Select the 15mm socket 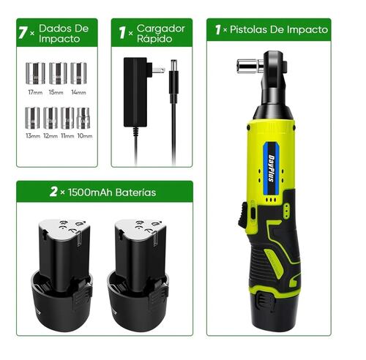[57, 73]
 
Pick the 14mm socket [78, 73]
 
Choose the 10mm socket [84, 117]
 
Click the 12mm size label [50, 136]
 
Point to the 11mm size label [67, 136]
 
